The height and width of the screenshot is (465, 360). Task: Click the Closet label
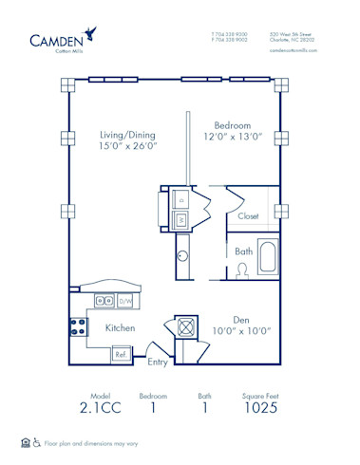[249, 216]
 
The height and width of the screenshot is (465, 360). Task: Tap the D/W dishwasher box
[124, 301]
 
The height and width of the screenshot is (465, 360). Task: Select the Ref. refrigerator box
[122, 353]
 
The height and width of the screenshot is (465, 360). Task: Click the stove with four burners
[77, 327]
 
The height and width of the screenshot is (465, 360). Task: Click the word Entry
[159, 362]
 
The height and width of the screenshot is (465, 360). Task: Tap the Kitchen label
[120, 327]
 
